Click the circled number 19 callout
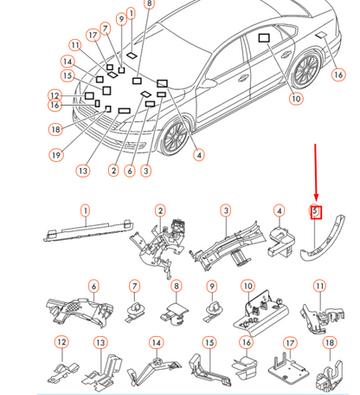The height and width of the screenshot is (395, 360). pyautogui.click(x=56, y=155)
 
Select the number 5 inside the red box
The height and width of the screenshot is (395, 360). pyautogui.click(x=315, y=210)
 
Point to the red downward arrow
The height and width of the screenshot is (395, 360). pyautogui.click(x=316, y=172)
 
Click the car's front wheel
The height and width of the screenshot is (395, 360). pyautogui.click(x=175, y=137)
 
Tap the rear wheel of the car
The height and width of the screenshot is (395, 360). pyautogui.click(x=306, y=69)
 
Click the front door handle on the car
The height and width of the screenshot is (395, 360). pyautogui.click(x=243, y=77)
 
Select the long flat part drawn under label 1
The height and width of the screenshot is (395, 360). pyautogui.click(x=88, y=230)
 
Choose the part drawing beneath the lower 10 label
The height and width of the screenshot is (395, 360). pyautogui.click(x=261, y=314)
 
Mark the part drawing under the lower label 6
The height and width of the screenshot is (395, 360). pyautogui.click(x=80, y=312)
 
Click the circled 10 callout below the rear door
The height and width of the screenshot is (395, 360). pyautogui.click(x=296, y=99)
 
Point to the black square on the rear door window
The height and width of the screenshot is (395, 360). pyautogui.click(x=264, y=38)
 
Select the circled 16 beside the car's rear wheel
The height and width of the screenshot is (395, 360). pyautogui.click(x=338, y=74)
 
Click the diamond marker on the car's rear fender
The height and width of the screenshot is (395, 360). pyautogui.click(x=321, y=36)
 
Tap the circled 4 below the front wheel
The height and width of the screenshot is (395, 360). pyautogui.click(x=199, y=155)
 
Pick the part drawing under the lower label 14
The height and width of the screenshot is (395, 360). pyautogui.click(x=154, y=371)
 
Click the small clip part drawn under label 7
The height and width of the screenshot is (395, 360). pyautogui.click(x=135, y=311)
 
